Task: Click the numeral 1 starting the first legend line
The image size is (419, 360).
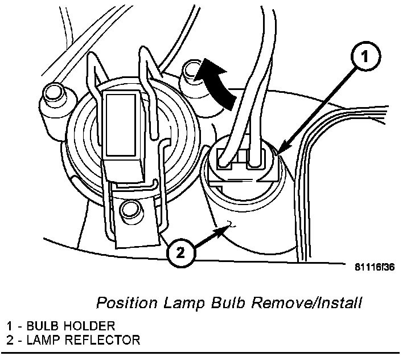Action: point(10,326)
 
